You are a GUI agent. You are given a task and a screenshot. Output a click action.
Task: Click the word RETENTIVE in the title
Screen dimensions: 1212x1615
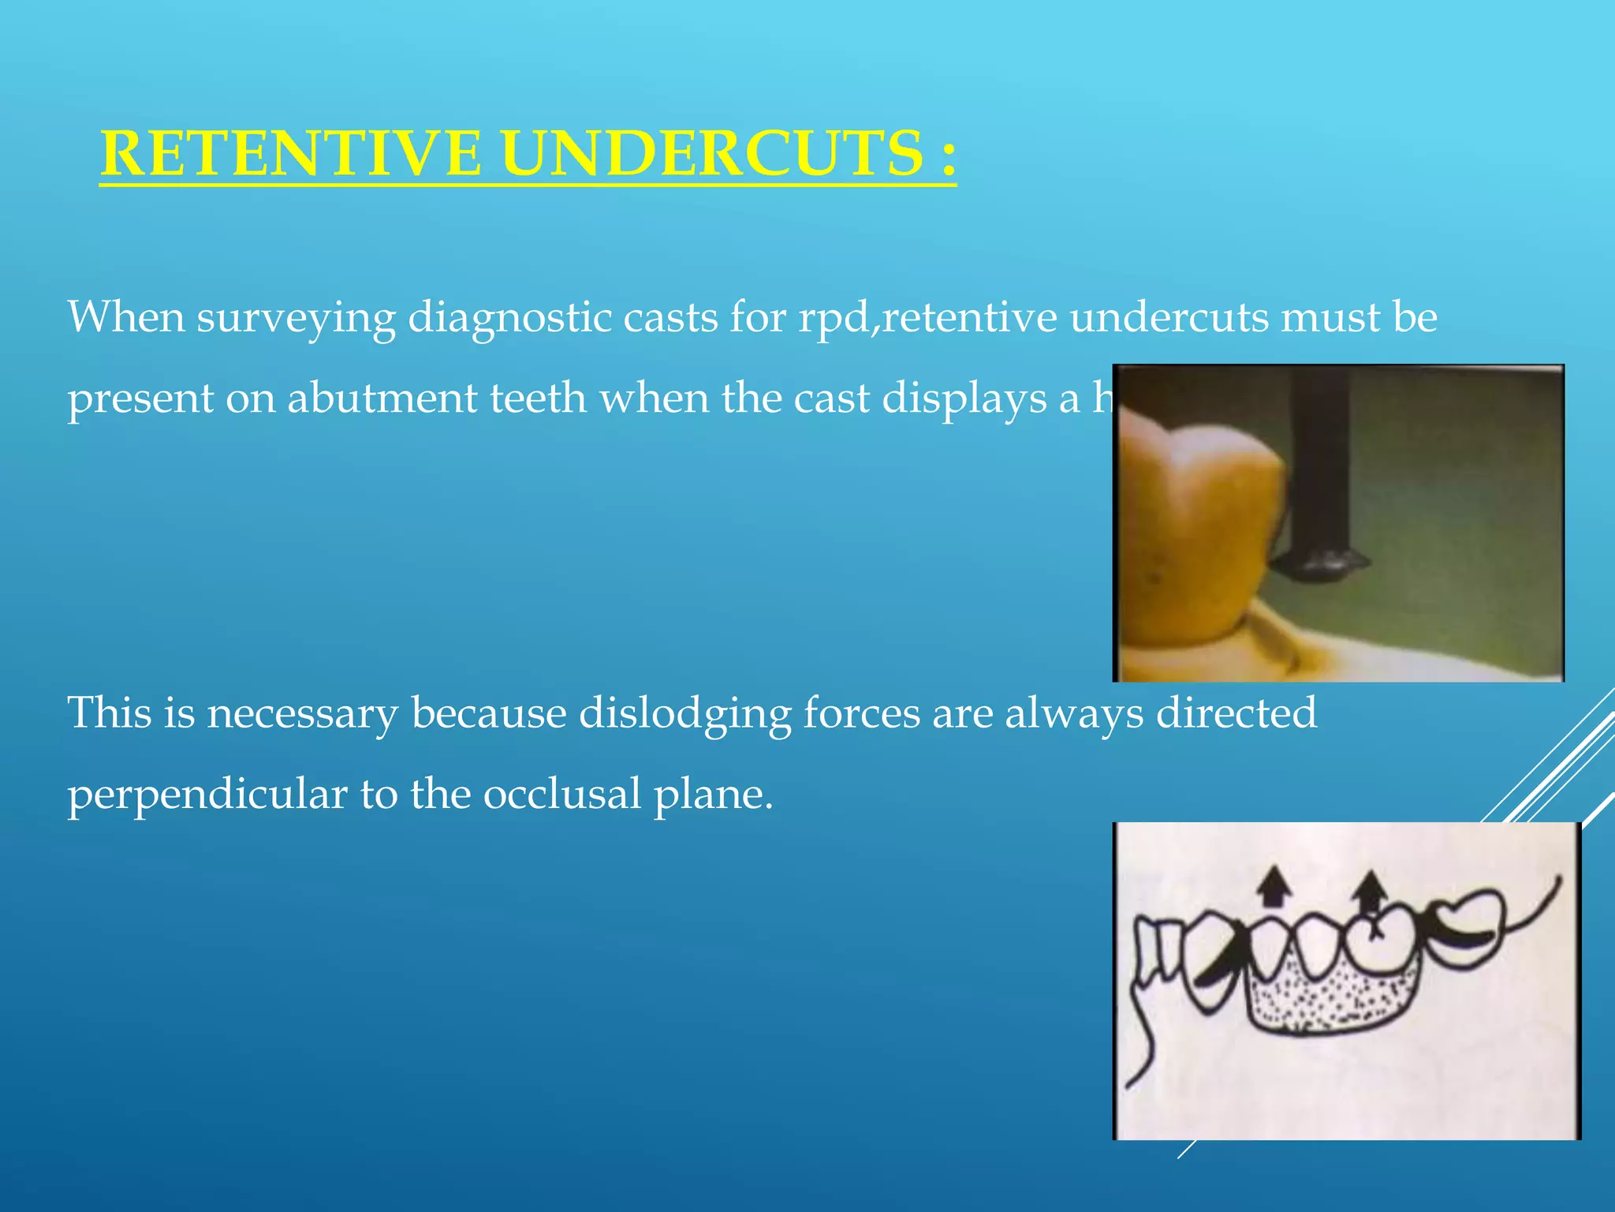click(290, 153)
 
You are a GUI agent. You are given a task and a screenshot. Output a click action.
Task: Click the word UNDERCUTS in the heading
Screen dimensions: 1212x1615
click(712, 153)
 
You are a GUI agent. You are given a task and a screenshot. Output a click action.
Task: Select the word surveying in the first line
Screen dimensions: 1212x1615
click(296, 319)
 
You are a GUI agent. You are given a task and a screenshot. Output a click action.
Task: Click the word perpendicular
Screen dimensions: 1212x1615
click(207, 795)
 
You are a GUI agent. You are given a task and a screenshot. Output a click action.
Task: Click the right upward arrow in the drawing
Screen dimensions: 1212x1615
click(1371, 890)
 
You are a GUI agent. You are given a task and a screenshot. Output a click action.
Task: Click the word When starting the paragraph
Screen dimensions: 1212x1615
click(125, 317)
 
